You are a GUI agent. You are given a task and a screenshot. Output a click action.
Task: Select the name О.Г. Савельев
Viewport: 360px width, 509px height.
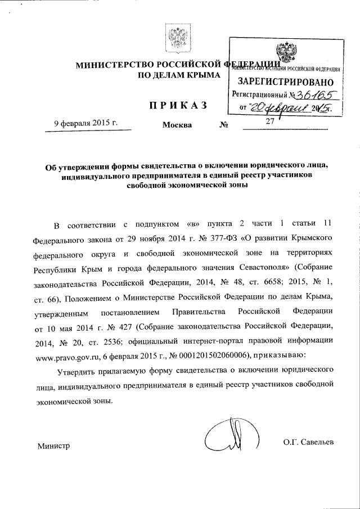pos(309,443)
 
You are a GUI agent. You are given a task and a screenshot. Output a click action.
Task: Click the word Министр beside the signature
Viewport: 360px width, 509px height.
pos(53,446)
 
